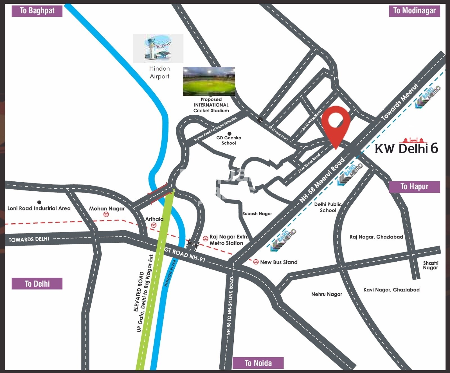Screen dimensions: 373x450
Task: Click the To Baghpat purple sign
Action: pyautogui.click(x=37, y=11)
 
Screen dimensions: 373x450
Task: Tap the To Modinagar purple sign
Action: pyautogui.click(x=414, y=11)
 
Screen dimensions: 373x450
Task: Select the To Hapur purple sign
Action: pyautogui.click(x=414, y=187)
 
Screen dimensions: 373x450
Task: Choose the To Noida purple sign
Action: pyautogui.click(x=258, y=363)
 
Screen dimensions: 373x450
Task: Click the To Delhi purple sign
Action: pyautogui.click(x=37, y=284)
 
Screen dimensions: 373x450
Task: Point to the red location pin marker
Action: pyautogui.click(x=336, y=124)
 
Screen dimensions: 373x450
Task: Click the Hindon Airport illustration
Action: pyautogui.click(x=158, y=48)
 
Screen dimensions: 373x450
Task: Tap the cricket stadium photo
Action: pyautogui.click(x=209, y=82)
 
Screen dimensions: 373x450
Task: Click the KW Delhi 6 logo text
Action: pyautogui.click(x=406, y=148)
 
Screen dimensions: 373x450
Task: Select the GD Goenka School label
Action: pyautogui.click(x=229, y=140)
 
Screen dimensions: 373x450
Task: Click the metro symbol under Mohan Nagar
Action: pyautogui.click(x=106, y=215)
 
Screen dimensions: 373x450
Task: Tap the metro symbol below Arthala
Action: pyautogui.click(x=154, y=225)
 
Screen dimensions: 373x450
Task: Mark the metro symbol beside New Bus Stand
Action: pyautogui.click(x=256, y=262)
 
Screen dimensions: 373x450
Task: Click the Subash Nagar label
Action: pyautogui.click(x=257, y=214)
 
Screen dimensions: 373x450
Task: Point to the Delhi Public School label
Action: pyautogui.click(x=328, y=207)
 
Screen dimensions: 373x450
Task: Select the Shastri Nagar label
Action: pyautogui.click(x=431, y=265)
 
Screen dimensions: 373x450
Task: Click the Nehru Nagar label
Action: pyautogui.click(x=327, y=294)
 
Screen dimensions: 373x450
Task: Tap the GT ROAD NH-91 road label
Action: pyautogui.click(x=185, y=255)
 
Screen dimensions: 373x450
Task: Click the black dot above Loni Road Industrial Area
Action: pyautogui.click(x=39, y=202)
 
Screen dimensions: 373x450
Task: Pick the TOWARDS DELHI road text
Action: pyautogui.click(x=29, y=239)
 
